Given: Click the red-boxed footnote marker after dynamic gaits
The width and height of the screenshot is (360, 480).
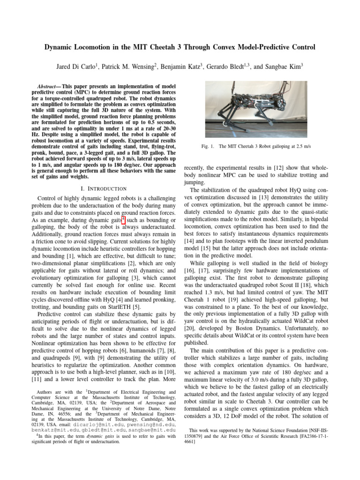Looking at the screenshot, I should (x=123, y=220).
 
